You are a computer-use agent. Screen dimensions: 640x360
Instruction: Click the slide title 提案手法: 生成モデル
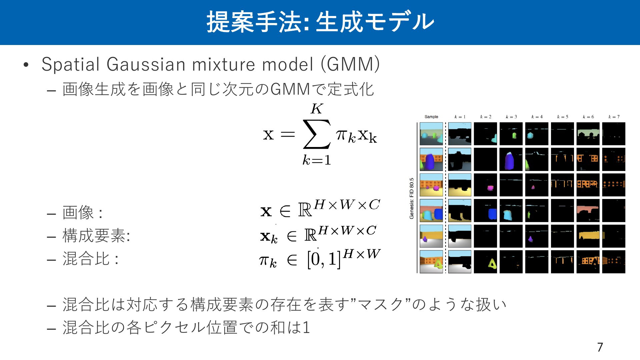320,22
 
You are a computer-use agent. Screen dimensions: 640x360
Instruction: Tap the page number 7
600,347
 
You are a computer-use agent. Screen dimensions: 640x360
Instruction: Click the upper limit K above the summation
317,109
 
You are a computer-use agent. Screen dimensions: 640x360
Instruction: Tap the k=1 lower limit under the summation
317,160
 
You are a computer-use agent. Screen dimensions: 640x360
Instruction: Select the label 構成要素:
96,236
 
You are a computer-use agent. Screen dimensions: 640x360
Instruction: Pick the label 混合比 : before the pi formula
90,259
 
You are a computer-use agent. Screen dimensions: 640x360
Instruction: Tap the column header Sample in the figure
431,117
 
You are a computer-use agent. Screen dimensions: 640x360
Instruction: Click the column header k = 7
614,117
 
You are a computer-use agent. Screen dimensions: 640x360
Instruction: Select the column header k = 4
537,117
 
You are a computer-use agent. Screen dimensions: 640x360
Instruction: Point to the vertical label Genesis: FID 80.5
412,198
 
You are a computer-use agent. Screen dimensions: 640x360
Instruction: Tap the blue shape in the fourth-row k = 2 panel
492,214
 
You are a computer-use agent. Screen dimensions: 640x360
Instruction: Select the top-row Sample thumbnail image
431,134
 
